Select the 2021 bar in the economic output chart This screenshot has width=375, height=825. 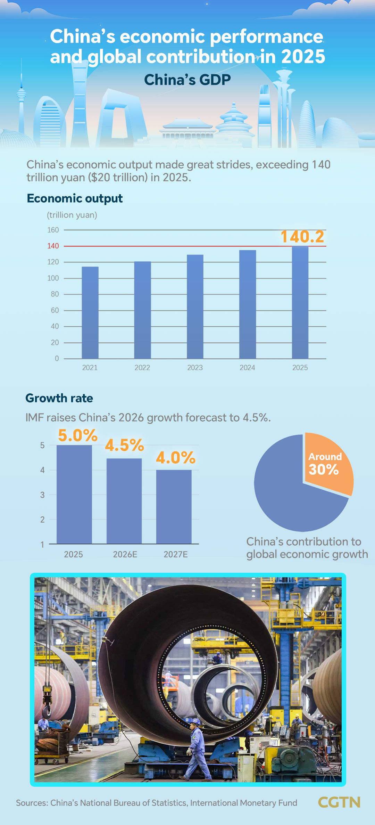click(x=90, y=312)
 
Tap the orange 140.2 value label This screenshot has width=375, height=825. click(x=302, y=237)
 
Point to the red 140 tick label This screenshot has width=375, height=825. click(x=53, y=246)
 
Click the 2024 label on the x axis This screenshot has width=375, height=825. click(x=247, y=368)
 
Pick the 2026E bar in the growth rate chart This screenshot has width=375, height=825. click(x=124, y=501)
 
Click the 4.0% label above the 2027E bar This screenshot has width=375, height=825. click(x=175, y=458)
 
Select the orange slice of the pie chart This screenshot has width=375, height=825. click(x=328, y=464)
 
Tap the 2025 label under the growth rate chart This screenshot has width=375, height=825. click(x=73, y=554)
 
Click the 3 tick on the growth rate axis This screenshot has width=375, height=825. click(x=42, y=495)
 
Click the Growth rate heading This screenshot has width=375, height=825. click(x=59, y=398)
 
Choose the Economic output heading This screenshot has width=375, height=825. click(x=75, y=198)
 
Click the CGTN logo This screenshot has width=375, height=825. click(x=339, y=802)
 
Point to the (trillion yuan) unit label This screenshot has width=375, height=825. click(x=72, y=215)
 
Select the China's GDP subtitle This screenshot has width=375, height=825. click(x=187, y=80)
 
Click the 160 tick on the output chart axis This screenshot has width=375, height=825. click(x=53, y=230)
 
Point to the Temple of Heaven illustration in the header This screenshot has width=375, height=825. click(x=234, y=120)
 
